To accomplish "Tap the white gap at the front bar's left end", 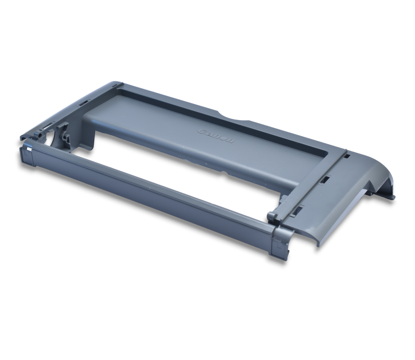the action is pos(29,150).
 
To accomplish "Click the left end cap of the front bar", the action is pos(27,155).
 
